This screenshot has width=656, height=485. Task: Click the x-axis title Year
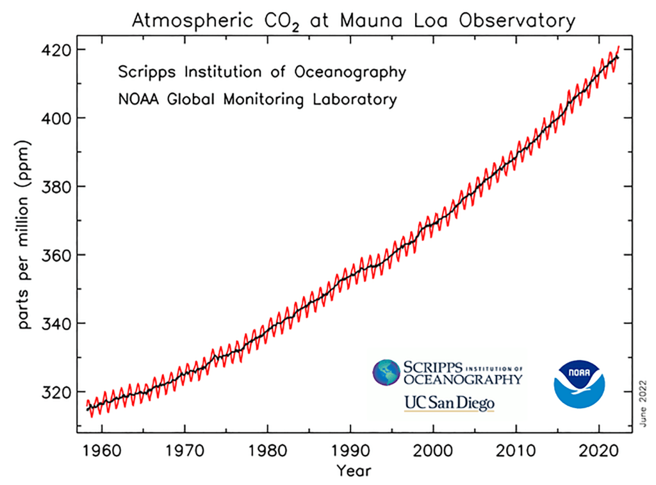[x=354, y=471]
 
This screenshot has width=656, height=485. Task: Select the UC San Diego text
[x=449, y=404]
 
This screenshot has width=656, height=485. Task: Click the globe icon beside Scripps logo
[x=387, y=374]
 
